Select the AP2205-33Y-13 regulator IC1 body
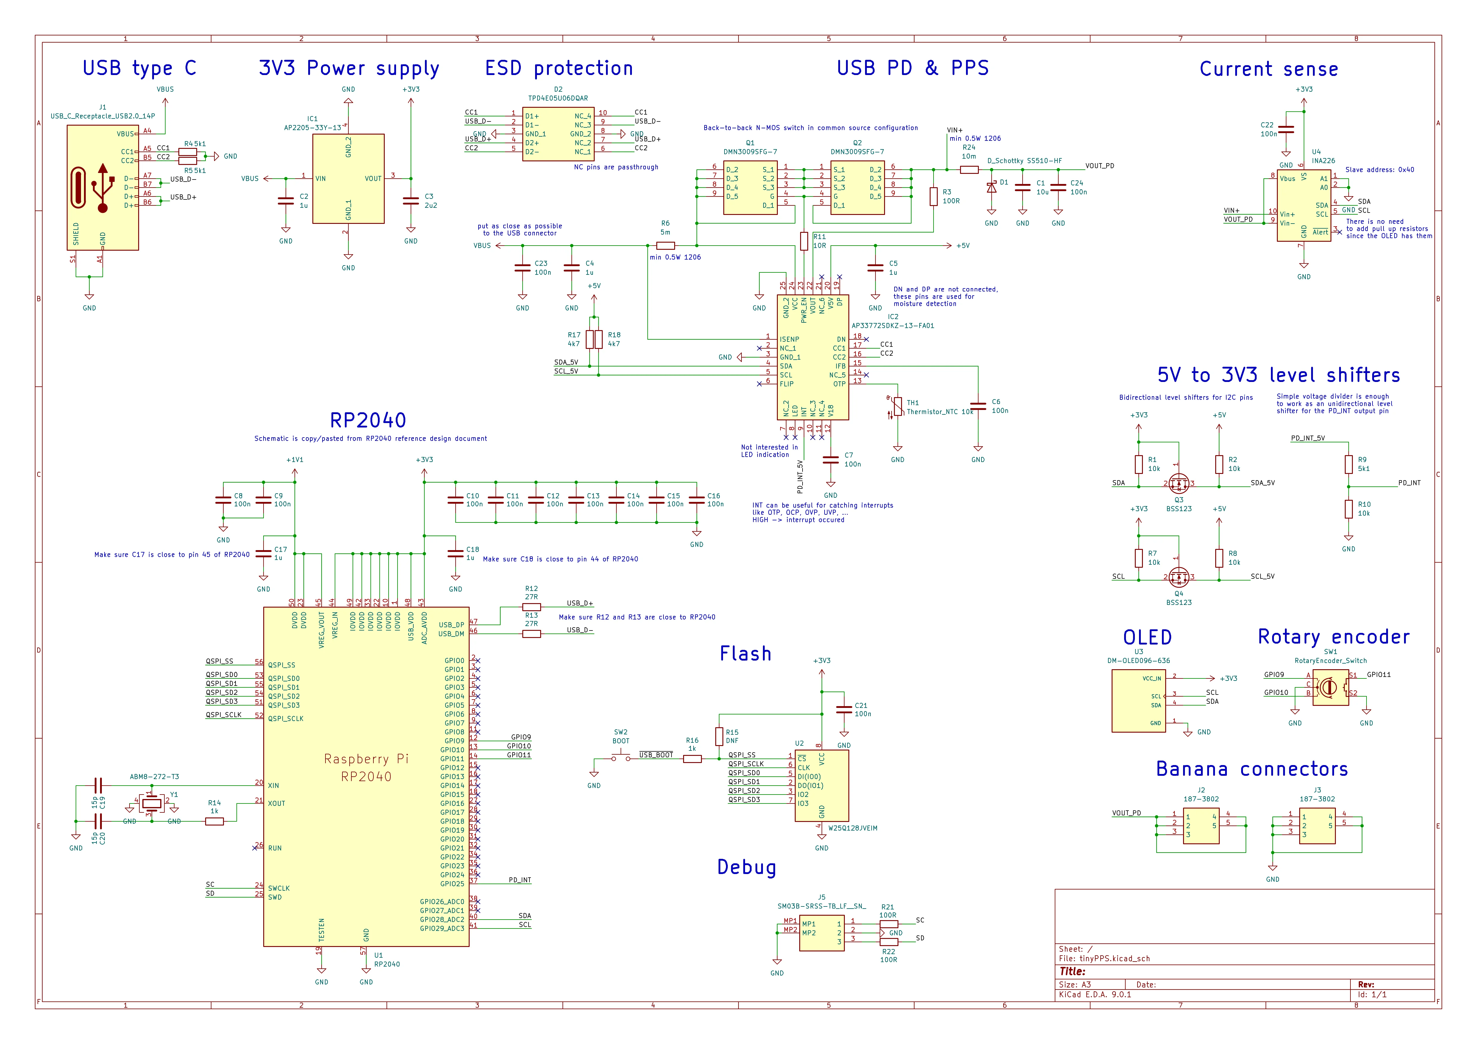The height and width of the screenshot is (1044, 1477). [x=348, y=179]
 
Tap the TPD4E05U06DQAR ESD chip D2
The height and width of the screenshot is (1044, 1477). [x=558, y=134]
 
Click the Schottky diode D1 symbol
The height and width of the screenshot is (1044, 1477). [x=991, y=187]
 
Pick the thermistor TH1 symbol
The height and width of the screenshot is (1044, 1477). [x=898, y=407]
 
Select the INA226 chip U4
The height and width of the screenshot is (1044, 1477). [x=1303, y=206]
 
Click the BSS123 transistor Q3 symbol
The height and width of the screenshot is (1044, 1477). [x=1179, y=483]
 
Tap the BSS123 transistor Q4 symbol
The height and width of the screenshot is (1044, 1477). [x=1179, y=576]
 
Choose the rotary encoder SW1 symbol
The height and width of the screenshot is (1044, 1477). [x=1330, y=688]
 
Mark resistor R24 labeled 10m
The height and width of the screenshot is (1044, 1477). [x=969, y=170]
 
